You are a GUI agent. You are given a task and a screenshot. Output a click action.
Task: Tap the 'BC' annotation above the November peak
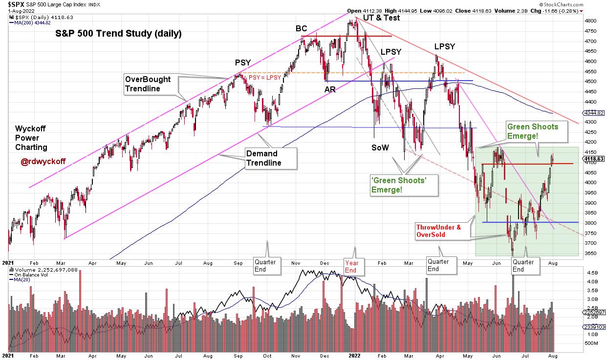[301, 28]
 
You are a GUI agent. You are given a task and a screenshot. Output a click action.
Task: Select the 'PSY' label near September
[243, 63]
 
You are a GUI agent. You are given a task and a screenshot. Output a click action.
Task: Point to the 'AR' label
[330, 89]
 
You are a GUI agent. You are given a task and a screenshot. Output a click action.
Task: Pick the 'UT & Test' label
[381, 18]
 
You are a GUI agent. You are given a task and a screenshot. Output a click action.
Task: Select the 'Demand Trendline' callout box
[271, 159]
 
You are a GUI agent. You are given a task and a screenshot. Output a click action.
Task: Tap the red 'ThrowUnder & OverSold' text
[438, 231]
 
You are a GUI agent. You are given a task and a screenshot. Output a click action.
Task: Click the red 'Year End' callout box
[351, 267]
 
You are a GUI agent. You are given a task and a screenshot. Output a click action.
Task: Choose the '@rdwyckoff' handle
[43, 162]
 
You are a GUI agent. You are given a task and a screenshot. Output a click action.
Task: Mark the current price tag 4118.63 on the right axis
[594, 159]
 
